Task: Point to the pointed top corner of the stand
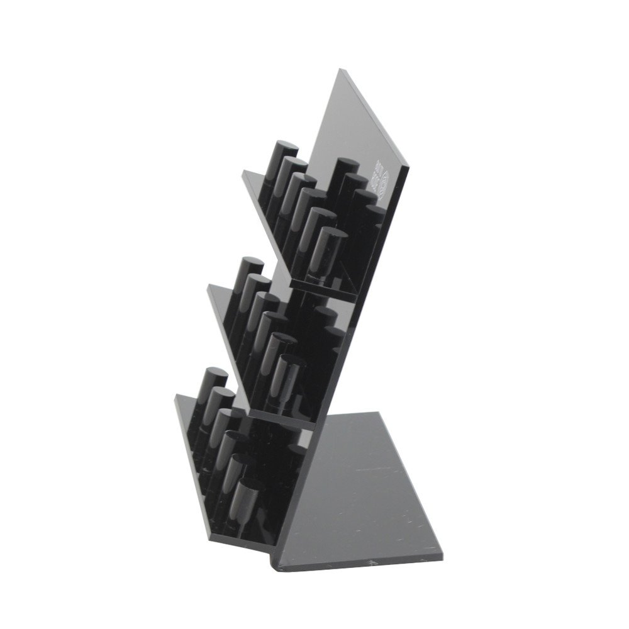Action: coord(340,70)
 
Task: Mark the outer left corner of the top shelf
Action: coord(243,171)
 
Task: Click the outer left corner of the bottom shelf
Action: coord(177,396)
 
